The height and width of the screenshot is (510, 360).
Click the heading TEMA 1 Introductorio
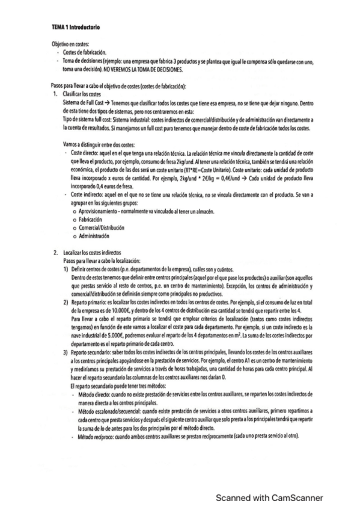(x=76, y=28)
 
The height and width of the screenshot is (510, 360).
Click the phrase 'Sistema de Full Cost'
(x=84, y=103)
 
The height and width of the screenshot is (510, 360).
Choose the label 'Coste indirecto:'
(x=88, y=195)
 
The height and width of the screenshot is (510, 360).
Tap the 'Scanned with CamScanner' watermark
(x=270, y=497)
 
